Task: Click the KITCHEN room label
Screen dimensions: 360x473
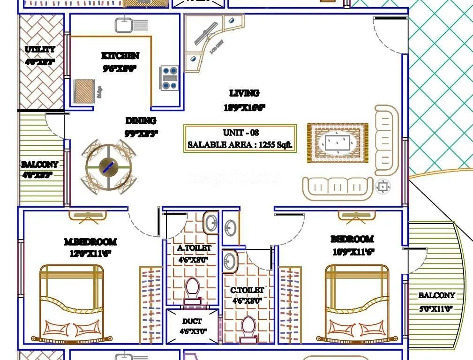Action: (x=120, y=56)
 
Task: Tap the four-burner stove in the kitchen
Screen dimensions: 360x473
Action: (x=169, y=77)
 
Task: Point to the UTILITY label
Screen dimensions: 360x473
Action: (x=40, y=49)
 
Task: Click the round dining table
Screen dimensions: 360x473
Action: (x=109, y=166)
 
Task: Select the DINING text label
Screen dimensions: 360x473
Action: (x=141, y=121)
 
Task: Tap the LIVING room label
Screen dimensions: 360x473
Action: (x=244, y=93)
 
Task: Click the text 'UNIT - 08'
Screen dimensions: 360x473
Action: (x=240, y=133)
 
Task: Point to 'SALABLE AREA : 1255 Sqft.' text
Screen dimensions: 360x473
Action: (x=240, y=145)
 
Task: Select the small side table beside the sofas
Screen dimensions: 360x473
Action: (x=383, y=187)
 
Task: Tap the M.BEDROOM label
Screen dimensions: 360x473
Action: (x=90, y=242)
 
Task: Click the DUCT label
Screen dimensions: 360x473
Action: (x=192, y=321)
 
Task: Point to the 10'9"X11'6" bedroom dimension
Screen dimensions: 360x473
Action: (x=352, y=252)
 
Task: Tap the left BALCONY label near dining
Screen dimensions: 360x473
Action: (x=40, y=165)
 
